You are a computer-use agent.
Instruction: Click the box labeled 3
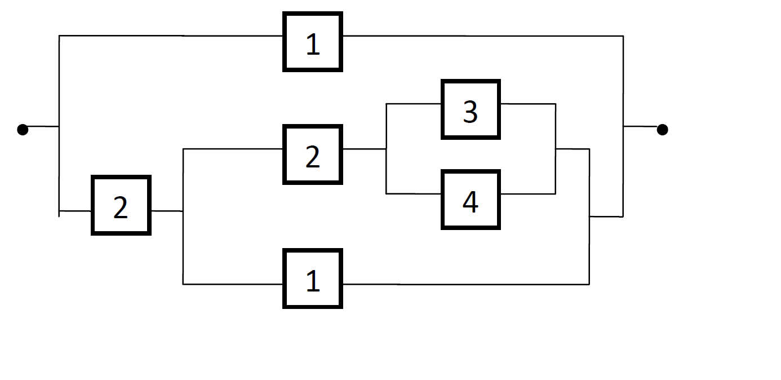coord(471,110)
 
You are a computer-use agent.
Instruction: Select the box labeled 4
coord(471,200)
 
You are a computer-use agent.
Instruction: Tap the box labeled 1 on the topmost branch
coord(313,42)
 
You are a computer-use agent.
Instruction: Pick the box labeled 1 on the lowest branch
coord(313,279)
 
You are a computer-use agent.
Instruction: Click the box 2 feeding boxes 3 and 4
coord(313,155)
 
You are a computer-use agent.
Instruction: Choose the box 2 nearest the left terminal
coord(121,206)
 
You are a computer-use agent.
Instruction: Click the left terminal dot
coord(23,130)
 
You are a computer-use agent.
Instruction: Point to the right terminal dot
coord(663,130)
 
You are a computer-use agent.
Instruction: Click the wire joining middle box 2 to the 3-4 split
coord(364,149)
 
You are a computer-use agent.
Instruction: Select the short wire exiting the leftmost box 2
coord(167,211)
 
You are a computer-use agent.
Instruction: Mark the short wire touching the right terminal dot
coord(641,127)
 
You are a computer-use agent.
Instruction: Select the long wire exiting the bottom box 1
coord(465,284)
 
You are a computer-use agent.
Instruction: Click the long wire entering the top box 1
coord(169,36)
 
